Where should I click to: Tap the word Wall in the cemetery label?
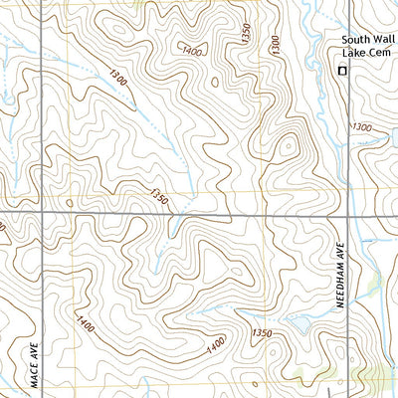pyautogui.click(x=380, y=41)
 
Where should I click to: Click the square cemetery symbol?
pyautogui.click(x=343, y=71)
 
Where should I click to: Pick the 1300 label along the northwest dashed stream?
pyautogui.click(x=119, y=78)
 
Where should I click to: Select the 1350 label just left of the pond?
pyautogui.click(x=262, y=332)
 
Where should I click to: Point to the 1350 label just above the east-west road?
pyautogui.click(x=156, y=197)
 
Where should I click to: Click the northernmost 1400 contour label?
pyautogui.click(x=192, y=50)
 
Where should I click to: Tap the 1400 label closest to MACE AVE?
pyautogui.click(x=88, y=320)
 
